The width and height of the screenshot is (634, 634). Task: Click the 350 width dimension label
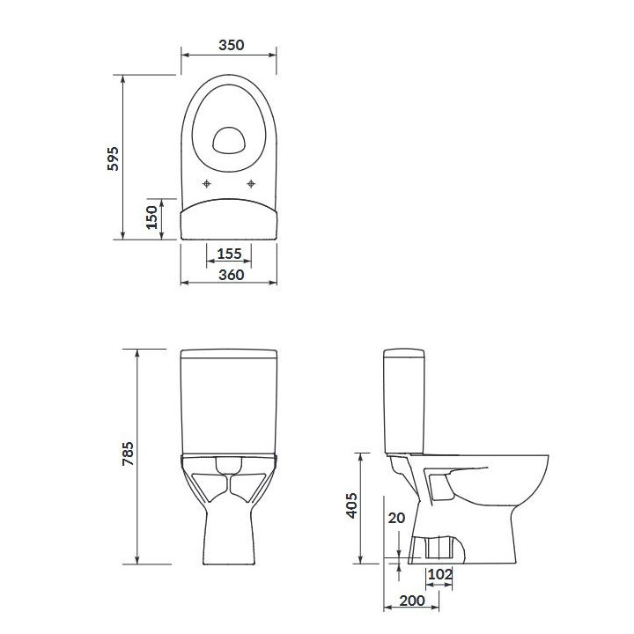(x=229, y=44)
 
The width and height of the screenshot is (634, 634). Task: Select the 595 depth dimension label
(x=112, y=158)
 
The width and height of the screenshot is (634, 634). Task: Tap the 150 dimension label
(x=151, y=217)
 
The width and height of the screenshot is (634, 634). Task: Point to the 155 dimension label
(x=229, y=254)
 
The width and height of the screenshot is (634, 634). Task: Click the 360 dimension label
(x=229, y=275)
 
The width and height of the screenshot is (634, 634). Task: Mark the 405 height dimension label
(x=350, y=507)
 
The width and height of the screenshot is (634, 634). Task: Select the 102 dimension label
(x=439, y=575)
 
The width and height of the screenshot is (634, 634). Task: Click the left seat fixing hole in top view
(x=206, y=184)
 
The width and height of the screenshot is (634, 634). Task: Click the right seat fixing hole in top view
(x=253, y=184)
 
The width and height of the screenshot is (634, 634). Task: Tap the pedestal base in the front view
(x=230, y=528)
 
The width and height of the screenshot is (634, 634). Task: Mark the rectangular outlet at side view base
(x=438, y=548)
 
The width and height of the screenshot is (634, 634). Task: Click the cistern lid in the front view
(x=230, y=356)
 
